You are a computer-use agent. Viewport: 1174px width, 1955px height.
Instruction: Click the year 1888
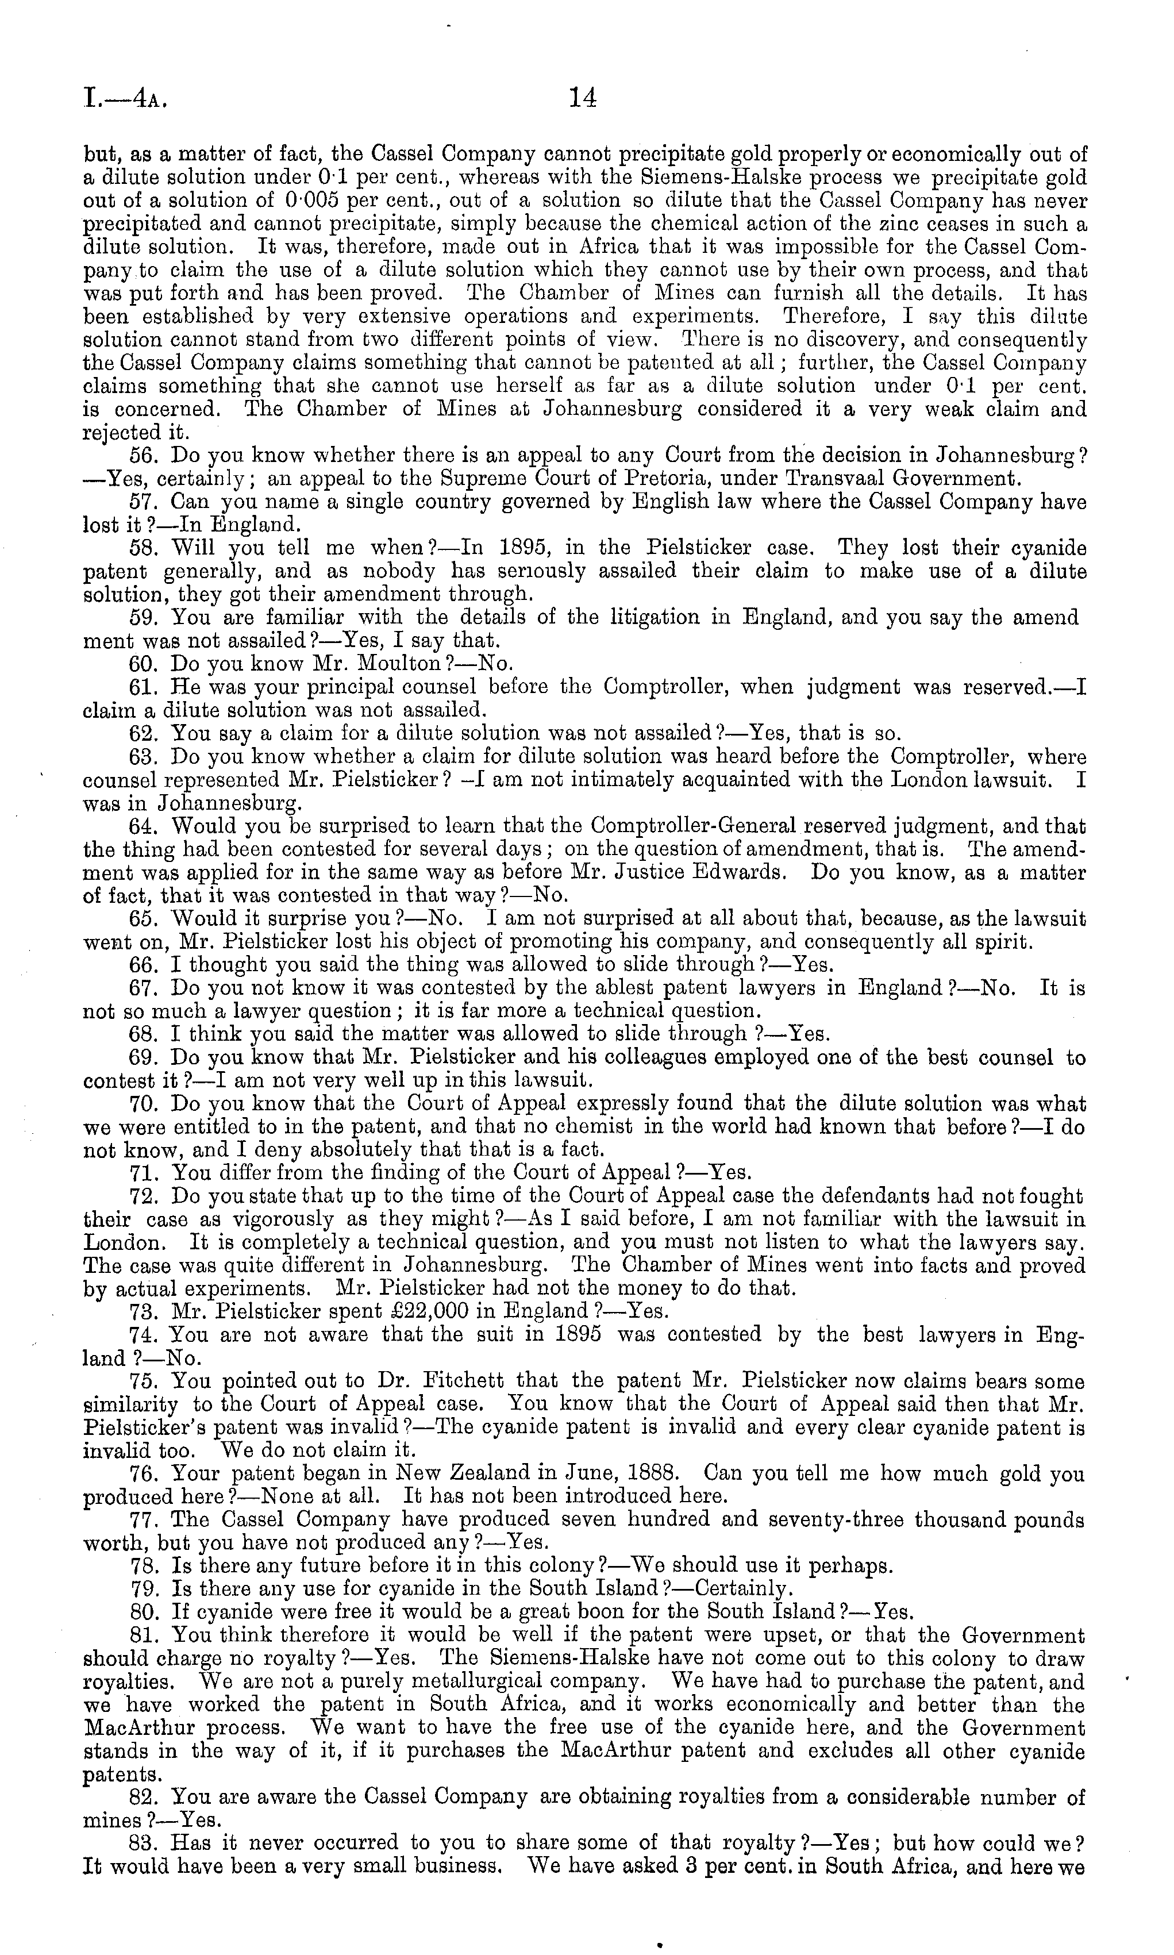point(655,1474)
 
